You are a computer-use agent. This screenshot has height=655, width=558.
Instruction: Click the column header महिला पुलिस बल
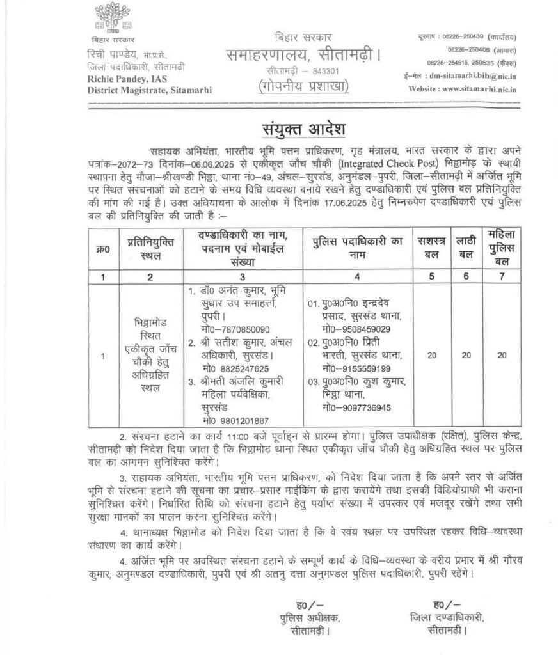[504, 248]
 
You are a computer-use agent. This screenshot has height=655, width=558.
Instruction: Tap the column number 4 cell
[356, 276]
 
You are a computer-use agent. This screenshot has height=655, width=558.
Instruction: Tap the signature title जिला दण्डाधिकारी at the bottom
[446, 617]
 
